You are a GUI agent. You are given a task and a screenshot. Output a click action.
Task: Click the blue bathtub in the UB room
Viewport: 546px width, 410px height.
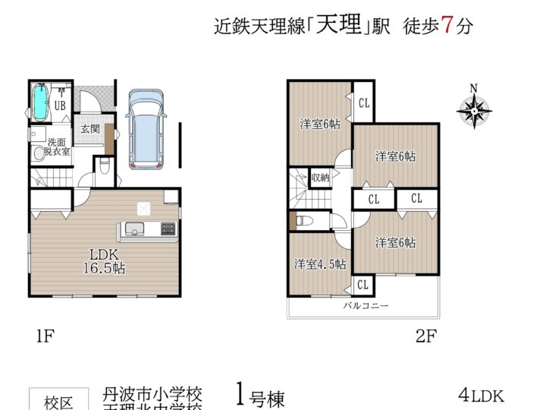click(40, 100)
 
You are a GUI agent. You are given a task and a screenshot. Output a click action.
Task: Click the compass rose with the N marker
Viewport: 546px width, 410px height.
click(474, 110)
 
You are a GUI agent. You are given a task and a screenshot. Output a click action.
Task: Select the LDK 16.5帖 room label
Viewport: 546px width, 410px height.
click(104, 260)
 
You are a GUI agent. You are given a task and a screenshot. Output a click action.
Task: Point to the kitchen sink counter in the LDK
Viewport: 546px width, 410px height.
click(147, 229)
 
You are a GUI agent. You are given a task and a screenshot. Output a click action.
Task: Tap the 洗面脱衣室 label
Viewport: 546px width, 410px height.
click(57, 147)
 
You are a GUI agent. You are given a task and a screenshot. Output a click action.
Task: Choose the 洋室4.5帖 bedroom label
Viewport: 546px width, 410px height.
click(320, 264)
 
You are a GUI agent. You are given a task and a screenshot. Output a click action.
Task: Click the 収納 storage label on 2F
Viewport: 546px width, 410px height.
click(320, 178)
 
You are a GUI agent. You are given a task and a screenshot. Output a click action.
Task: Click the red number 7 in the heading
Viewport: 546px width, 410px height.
click(447, 25)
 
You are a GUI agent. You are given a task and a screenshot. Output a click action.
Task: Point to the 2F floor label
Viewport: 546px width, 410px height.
click(425, 335)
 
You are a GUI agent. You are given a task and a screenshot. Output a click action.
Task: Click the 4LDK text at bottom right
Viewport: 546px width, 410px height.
click(481, 396)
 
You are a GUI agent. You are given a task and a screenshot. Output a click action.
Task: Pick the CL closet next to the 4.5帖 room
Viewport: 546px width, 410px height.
click(362, 285)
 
